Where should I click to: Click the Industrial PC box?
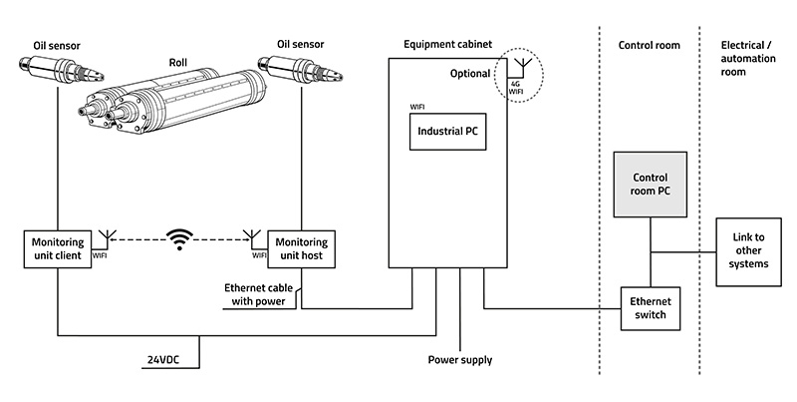pyautogui.click(x=447, y=132)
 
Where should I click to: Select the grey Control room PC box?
pyautogui.click(x=651, y=185)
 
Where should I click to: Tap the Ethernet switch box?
pyautogui.click(x=651, y=308)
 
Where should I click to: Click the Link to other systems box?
pyautogui.click(x=748, y=251)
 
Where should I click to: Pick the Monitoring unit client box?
pyautogui.click(x=58, y=248)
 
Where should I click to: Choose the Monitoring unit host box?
pyautogui.click(x=302, y=248)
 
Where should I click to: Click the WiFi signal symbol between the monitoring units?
pyautogui.click(x=180, y=239)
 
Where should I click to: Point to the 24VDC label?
pyautogui.click(x=163, y=360)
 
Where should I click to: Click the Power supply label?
pyautogui.click(x=460, y=360)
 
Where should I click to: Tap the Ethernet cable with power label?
pyautogui.click(x=258, y=294)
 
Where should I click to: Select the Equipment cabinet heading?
pyautogui.click(x=447, y=44)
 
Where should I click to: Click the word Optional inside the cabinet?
pyautogui.click(x=470, y=73)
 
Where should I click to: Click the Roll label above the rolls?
pyautogui.click(x=178, y=63)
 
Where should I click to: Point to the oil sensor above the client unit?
pyautogui.click(x=62, y=70)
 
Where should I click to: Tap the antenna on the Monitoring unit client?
pyautogui.click(x=106, y=239)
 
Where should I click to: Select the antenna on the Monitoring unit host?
pyautogui.click(x=249, y=239)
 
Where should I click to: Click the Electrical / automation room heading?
pyautogui.click(x=748, y=59)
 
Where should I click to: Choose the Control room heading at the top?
pyautogui.click(x=650, y=45)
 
